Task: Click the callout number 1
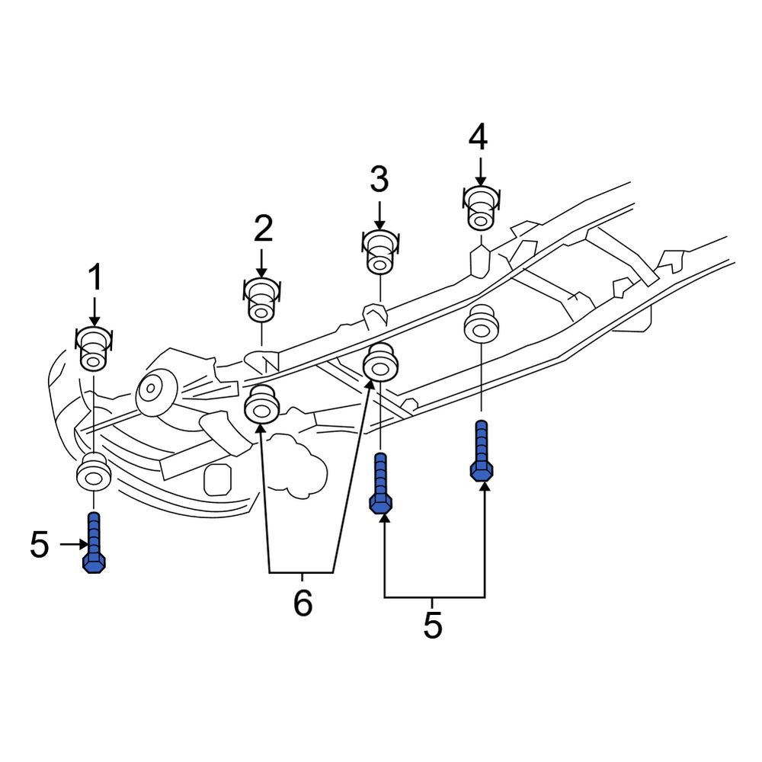[94, 278]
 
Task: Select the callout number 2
[262, 229]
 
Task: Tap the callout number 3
[379, 181]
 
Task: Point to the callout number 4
[478, 138]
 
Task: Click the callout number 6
[303, 604]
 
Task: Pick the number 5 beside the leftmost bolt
[39, 544]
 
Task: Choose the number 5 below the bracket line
[432, 626]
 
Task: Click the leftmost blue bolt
[93, 542]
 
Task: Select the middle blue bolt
[381, 483]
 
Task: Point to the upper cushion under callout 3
[379, 252]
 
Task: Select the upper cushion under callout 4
[479, 207]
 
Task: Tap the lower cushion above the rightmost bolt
[481, 325]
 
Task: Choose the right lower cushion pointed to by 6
[380, 363]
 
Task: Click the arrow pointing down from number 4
[480, 171]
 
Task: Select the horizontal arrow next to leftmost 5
[73, 544]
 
